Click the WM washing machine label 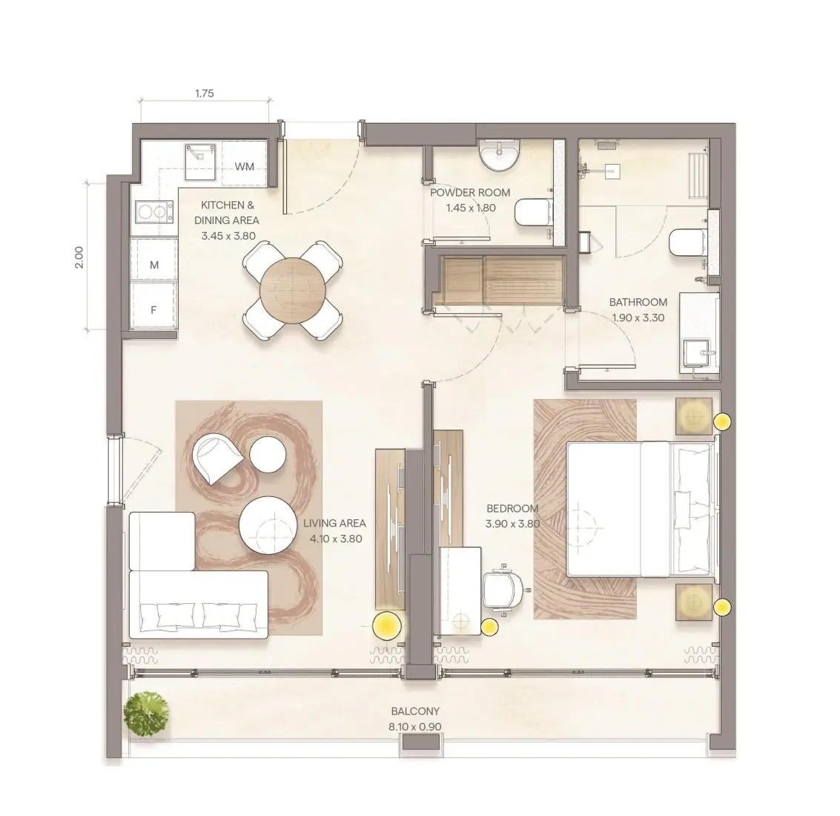(x=244, y=166)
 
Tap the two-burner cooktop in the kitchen (x=151, y=212)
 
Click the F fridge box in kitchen (x=154, y=310)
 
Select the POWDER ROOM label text (x=470, y=192)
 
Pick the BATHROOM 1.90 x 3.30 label (x=638, y=309)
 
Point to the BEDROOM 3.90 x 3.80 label (x=512, y=516)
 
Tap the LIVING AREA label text (x=334, y=523)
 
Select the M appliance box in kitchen (x=154, y=265)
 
